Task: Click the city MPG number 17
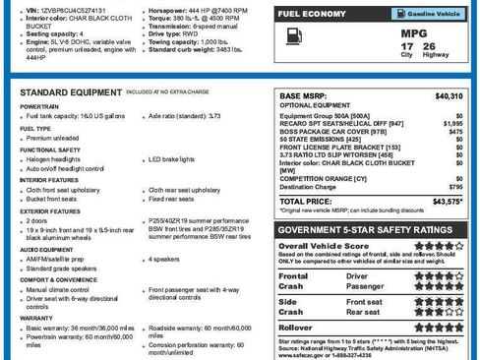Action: tap(407, 46)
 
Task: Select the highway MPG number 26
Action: tap(429, 46)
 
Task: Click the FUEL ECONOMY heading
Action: tap(311, 15)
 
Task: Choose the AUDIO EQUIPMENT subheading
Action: tap(45, 250)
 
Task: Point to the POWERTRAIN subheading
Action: tap(37, 105)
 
